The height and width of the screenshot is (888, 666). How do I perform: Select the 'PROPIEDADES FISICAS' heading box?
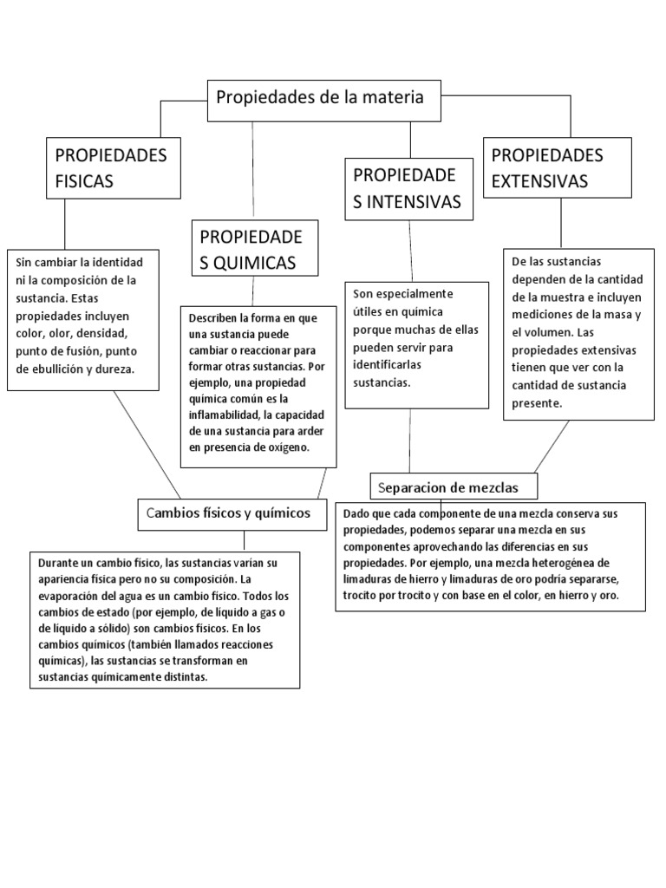click(x=114, y=168)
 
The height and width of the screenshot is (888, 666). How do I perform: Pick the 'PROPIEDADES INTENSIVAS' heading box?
click(x=409, y=189)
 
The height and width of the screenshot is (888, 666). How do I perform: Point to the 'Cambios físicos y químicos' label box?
click(x=232, y=513)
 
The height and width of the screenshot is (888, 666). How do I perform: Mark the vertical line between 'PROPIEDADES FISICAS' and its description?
click(x=65, y=225)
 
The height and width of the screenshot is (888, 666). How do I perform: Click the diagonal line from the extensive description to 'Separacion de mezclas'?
click(x=552, y=446)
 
